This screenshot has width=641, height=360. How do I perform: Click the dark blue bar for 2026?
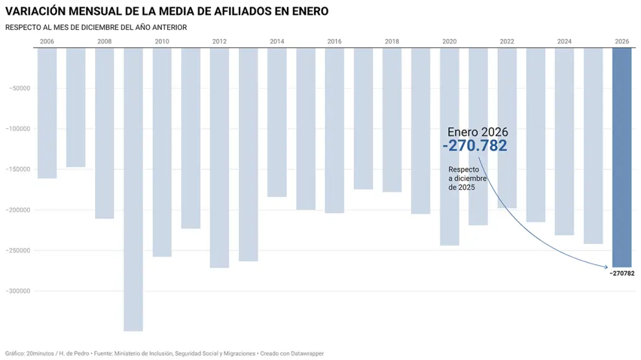pyautogui.click(x=622, y=157)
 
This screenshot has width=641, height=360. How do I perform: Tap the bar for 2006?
pyautogui.click(x=47, y=113)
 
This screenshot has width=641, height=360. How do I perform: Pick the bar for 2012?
pyautogui.click(x=219, y=157)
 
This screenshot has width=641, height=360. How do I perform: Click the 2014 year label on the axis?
pyautogui.click(x=277, y=41)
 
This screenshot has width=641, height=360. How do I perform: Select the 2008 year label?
pyautogui.click(x=104, y=41)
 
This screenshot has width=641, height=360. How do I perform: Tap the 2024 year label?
pyautogui.click(x=565, y=41)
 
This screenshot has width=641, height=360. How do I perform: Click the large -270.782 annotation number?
pyautogui.click(x=475, y=146)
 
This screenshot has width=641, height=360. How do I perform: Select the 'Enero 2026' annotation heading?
pyautogui.click(x=477, y=132)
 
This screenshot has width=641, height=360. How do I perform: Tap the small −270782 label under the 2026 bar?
pyautogui.click(x=622, y=273)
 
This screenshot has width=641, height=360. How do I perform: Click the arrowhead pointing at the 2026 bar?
pyautogui.click(x=610, y=265)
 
